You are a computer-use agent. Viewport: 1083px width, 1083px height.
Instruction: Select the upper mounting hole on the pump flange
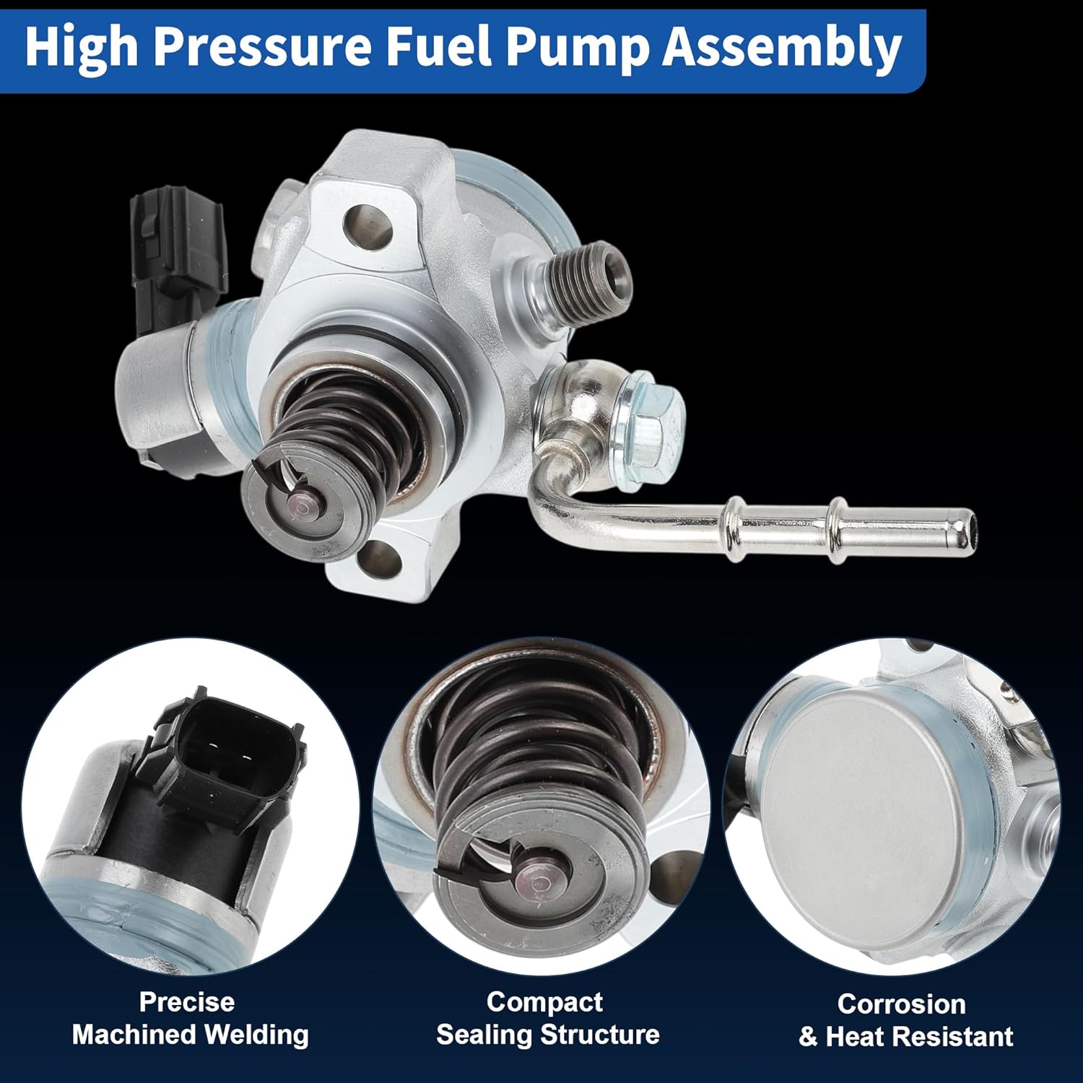(368, 225)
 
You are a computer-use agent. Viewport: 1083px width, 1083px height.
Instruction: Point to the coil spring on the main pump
(339, 426)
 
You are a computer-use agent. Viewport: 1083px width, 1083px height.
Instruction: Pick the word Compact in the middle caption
(544, 1002)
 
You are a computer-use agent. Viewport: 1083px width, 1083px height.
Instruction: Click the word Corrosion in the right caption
(901, 1004)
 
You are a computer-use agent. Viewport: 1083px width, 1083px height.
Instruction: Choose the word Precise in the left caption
(187, 1002)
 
